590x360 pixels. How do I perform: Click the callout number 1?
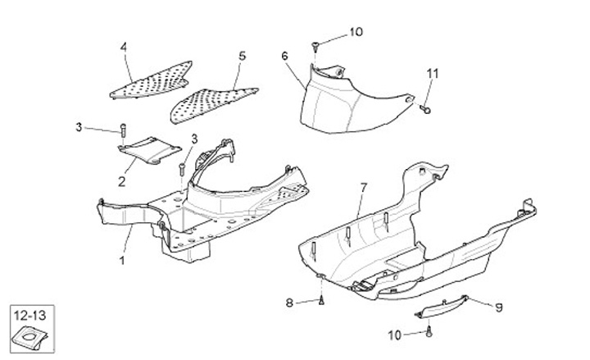122,261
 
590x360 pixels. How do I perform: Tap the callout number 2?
120,181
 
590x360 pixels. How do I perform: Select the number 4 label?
124,48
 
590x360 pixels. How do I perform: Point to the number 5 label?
242,56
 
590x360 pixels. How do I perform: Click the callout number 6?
284,56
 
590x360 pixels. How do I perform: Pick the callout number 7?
364,189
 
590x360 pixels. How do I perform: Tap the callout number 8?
288,303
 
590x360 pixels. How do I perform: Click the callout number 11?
432,74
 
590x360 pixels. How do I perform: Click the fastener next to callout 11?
426,107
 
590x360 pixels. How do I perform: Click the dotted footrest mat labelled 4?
152,80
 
